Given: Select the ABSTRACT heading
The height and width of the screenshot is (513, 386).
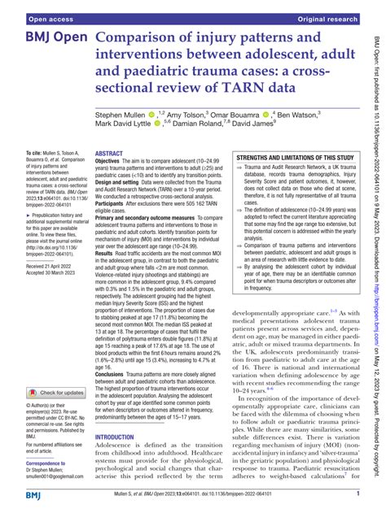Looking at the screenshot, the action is click(x=109, y=130).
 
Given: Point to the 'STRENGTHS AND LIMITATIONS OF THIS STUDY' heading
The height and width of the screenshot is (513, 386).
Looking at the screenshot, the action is click(x=294, y=134).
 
